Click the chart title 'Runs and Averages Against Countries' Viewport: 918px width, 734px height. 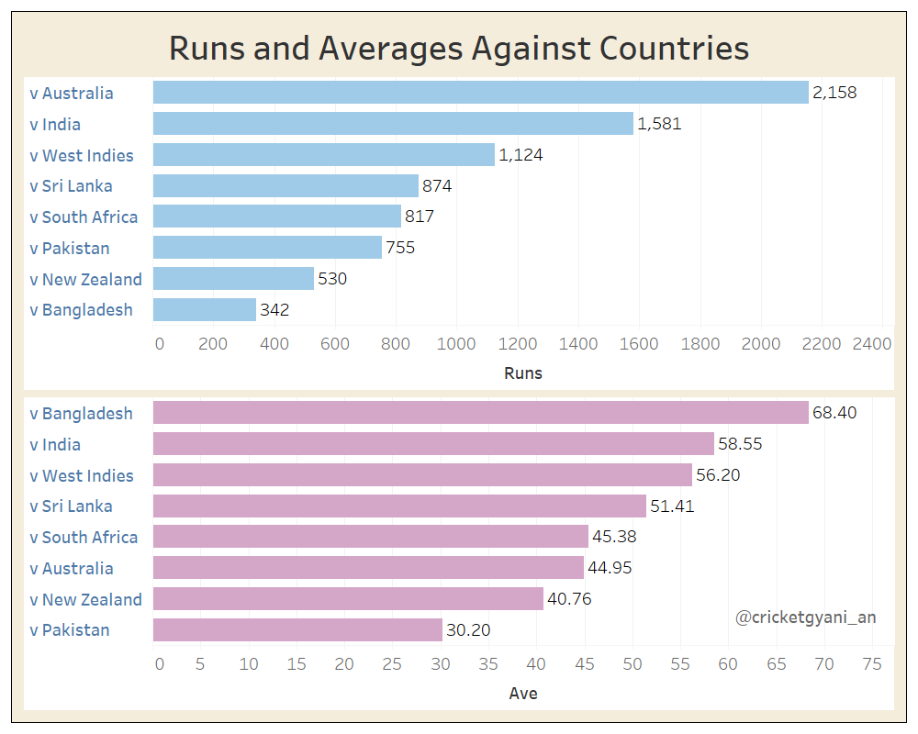[459, 48]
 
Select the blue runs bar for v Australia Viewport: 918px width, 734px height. [480, 93]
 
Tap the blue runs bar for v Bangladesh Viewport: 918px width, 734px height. [204, 310]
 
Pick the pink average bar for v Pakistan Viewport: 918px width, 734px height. [297, 630]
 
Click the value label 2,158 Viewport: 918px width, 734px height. [834, 93]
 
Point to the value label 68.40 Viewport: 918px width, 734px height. [834, 414]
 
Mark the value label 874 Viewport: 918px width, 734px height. [437, 186]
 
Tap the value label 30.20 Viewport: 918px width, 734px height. [468, 630]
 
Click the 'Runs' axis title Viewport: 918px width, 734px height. [523, 373]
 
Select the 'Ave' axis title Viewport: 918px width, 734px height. [523, 694]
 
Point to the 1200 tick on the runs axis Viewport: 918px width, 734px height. [518, 344]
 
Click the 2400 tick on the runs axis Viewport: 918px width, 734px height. [872, 344]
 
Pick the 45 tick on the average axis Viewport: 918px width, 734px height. [585, 664]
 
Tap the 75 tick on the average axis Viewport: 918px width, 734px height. [872, 664]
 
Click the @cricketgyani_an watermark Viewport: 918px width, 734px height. [805, 617]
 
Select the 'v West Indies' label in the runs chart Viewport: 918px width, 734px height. [82, 156]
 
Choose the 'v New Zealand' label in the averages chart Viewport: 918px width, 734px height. [86, 600]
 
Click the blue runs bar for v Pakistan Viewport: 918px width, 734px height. [267, 248]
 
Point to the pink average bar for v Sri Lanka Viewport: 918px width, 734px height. [399, 506]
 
